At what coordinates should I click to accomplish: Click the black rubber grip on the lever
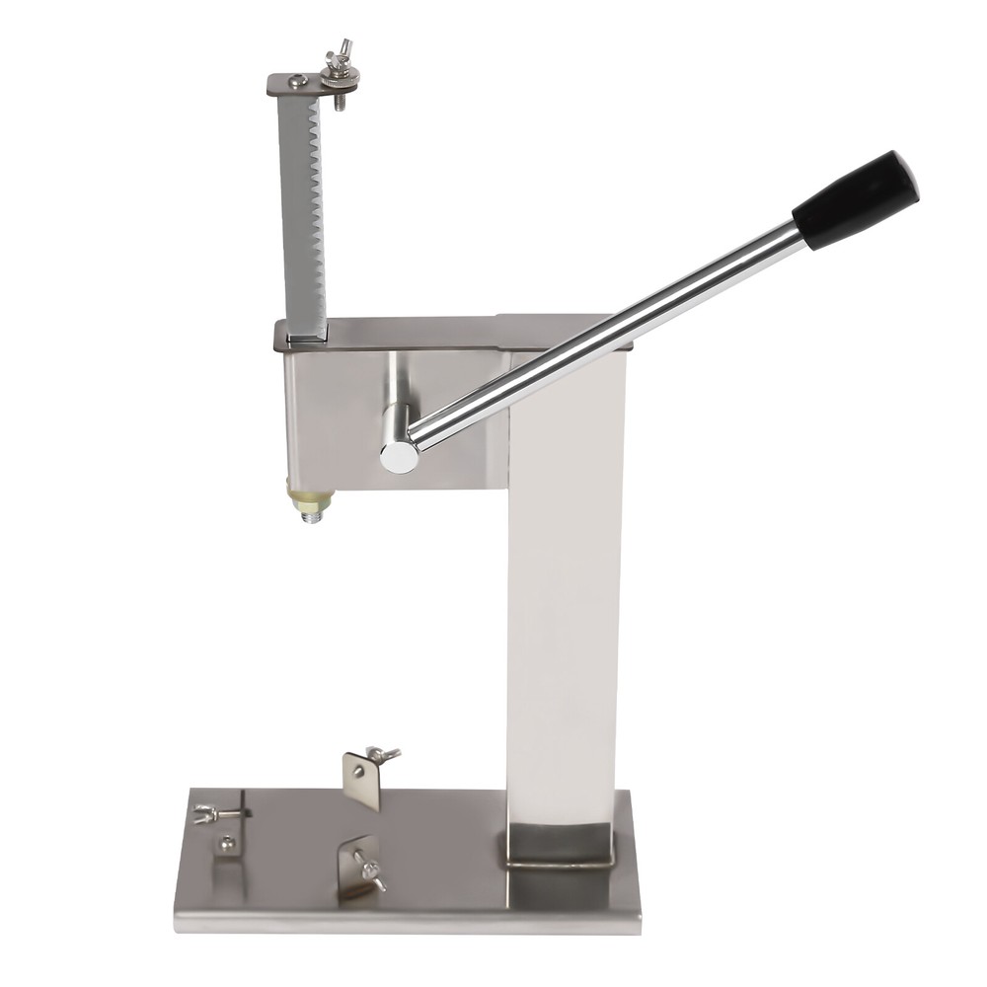[855, 200]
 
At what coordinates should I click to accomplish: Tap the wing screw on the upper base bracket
[383, 755]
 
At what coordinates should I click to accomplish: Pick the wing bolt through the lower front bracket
[371, 872]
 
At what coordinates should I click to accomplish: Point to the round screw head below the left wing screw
[227, 844]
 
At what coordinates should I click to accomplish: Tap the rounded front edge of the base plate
[405, 923]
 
